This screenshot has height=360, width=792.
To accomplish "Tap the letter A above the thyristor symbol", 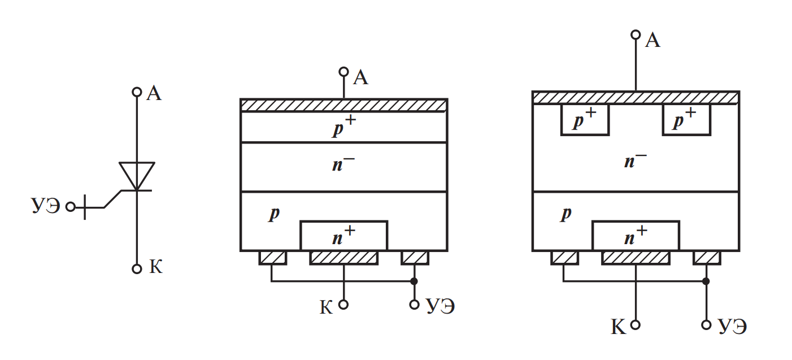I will [x=154, y=93].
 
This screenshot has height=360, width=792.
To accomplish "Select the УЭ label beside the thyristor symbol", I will [x=46, y=206].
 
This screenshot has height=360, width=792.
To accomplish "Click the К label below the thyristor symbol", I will [x=155, y=267].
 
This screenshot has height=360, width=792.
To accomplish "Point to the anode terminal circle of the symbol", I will [x=136, y=92].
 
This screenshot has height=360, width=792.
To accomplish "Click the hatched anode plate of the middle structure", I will [x=343, y=106].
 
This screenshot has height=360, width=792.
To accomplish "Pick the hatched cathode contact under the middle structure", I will [x=343, y=258].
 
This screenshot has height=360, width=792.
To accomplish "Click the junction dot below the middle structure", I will [x=414, y=281].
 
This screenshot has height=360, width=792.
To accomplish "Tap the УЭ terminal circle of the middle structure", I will [x=414, y=305].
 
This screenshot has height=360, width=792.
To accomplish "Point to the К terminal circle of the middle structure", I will [x=343, y=305].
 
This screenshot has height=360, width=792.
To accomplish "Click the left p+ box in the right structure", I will [x=585, y=120].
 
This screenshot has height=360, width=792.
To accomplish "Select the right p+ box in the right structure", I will [x=686, y=120].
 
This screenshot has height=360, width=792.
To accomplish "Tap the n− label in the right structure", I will [x=635, y=162].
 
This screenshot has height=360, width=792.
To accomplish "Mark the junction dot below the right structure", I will [x=706, y=281].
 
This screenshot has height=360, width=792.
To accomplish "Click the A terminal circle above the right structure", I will [x=636, y=35].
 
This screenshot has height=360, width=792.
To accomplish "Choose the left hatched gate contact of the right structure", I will [x=564, y=258].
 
